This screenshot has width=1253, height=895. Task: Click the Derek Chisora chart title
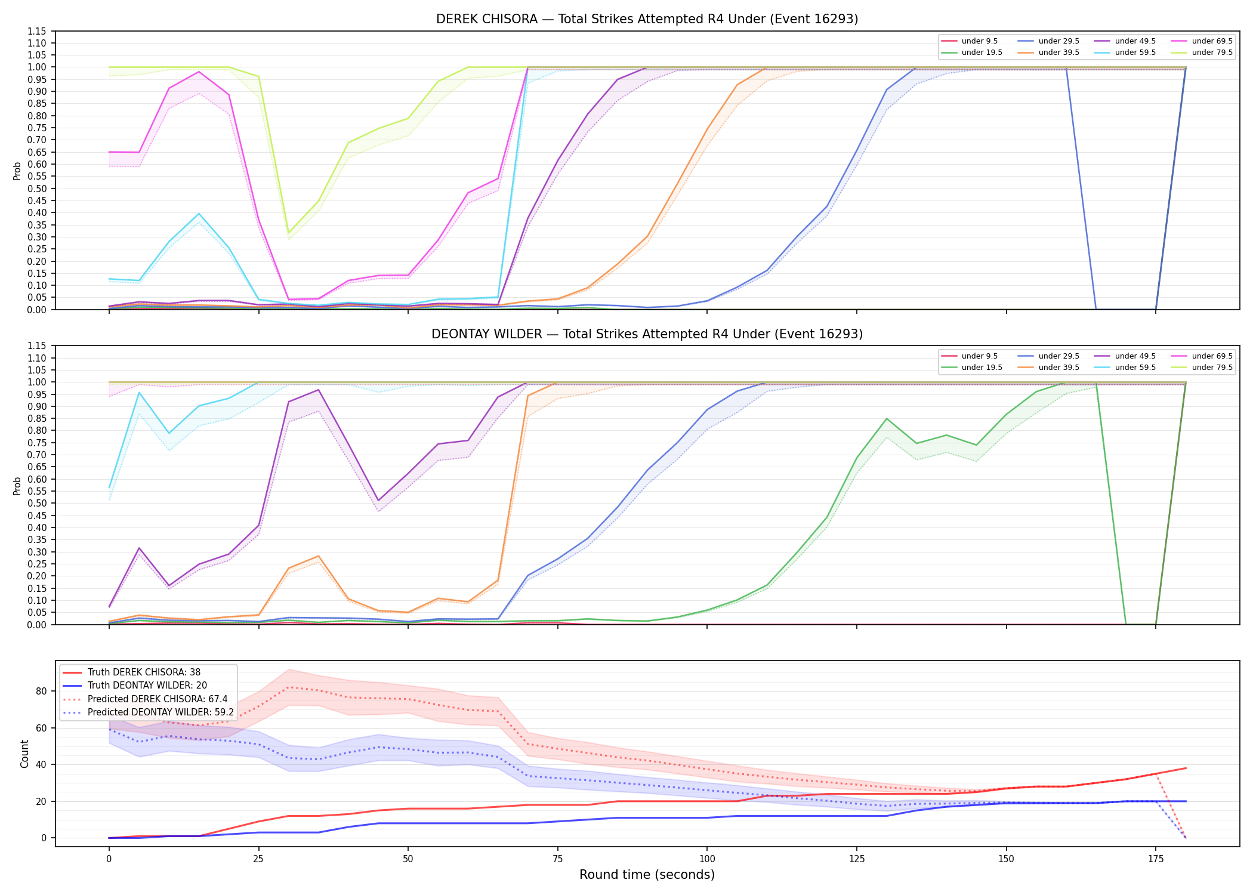pyautogui.click(x=647, y=19)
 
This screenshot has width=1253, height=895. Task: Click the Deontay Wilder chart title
pyautogui.click(x=647, y=334)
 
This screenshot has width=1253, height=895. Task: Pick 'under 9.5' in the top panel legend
pyautogui.click(x=979, y=41)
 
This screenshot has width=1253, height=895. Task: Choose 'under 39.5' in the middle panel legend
pyautogui.click(x=1058, y=368)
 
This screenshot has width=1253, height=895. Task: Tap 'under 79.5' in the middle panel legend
pyautogui.click(x=1212, y=368)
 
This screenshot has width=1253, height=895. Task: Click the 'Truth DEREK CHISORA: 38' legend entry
pyautogui.click(x=144, y=672)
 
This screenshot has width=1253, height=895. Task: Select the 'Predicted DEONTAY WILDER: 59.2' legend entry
pyautogui.click(x=161, y=712)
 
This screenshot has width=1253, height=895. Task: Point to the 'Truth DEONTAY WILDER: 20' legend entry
pyautogui.click(x=147, y=686)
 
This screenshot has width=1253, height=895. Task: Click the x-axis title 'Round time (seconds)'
pyautogui.click(x=647, y=875)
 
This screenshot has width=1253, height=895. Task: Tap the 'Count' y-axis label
pyautogui.click(x=24, y=754)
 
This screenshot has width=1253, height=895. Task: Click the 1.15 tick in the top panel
pyautogui.click(x=37, y=31)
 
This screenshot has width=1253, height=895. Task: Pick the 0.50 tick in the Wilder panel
pyautogui.click(x=37, y=503)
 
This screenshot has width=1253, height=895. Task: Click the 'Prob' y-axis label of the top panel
pyautogui.click(x=17, y=171)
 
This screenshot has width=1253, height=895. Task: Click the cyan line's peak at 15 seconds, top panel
pyautogui.click(x=199, y=214)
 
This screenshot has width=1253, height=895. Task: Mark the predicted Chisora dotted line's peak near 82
pyautogui.click(x=288, y=687)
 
